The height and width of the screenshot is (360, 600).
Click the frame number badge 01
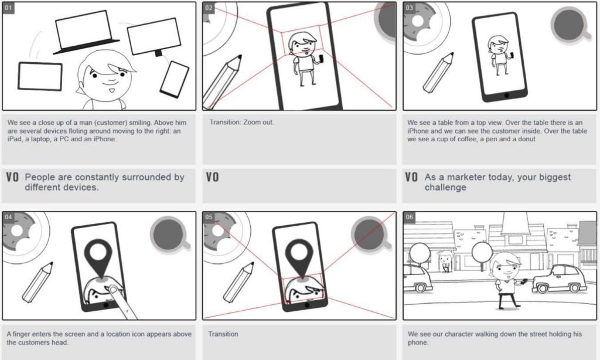coord(9,8)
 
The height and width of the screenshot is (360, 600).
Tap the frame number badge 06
coord(410,218)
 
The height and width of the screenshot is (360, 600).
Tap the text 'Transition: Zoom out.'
coord(241,123)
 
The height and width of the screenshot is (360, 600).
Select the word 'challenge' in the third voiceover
coord(445,188)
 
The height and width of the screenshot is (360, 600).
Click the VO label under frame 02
coord(212,177)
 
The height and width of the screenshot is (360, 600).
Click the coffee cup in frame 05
coord(371,233)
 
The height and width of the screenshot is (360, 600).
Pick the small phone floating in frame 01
coord(174,79)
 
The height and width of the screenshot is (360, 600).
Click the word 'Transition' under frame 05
coord(223,334)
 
